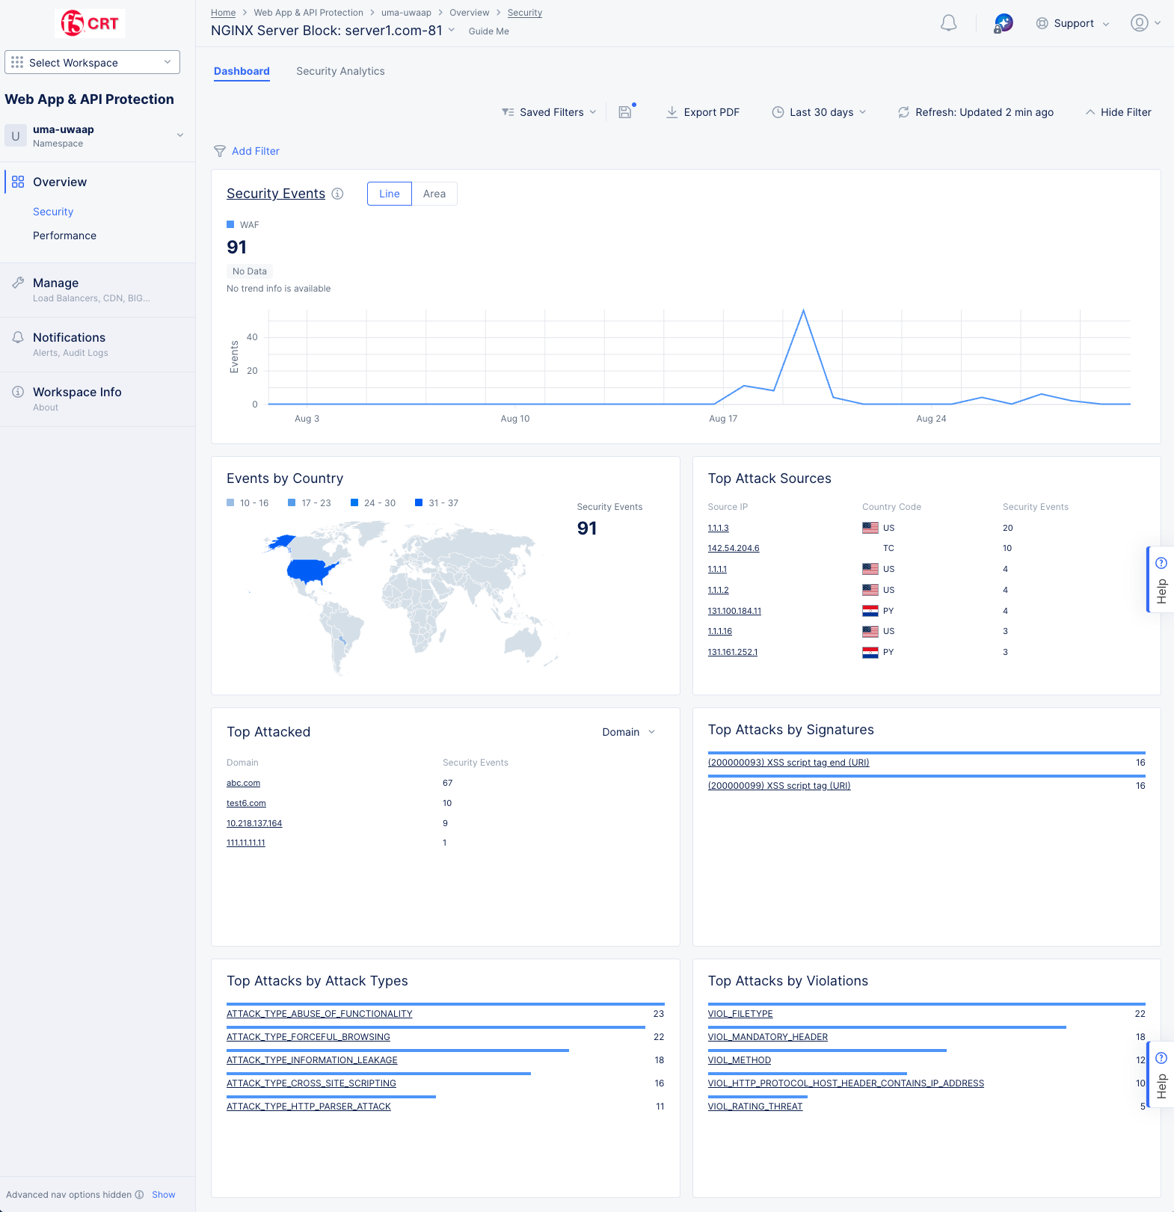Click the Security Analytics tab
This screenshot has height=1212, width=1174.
[340, 71]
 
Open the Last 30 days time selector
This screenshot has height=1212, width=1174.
[820, 112]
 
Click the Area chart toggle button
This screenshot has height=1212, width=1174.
[434, 194]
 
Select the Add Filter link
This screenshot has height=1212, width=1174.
[255, 151]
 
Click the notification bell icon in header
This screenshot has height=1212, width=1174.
[948, 23]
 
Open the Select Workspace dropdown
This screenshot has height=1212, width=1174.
[92, 62]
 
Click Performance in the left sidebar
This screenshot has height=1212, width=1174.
[64, 236]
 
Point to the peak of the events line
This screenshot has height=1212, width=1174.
[803, 310]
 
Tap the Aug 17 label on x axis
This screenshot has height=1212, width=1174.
[722, 419]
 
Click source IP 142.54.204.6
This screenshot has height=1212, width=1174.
[733, 548]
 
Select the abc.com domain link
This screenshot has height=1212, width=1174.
[243, 783]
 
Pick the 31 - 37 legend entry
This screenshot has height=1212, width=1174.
[437, 503]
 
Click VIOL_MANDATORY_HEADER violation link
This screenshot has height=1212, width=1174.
[767, 1037]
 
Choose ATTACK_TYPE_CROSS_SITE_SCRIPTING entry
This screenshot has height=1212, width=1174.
[311, 1083]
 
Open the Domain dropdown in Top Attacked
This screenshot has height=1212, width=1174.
[628, 732]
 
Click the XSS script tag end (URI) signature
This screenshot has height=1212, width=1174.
[788, 763]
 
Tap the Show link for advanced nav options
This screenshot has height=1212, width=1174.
[163, 1195]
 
